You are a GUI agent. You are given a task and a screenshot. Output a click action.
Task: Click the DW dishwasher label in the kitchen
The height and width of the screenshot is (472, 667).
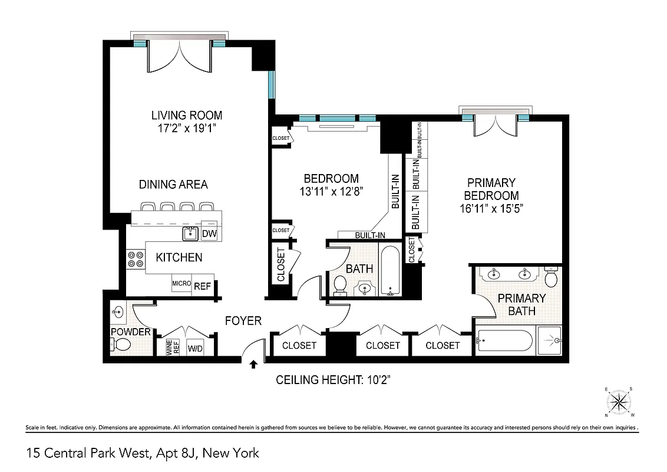(x=210, y=234)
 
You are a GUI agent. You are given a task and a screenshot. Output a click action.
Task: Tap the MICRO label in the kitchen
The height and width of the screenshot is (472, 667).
(x=181, y=284)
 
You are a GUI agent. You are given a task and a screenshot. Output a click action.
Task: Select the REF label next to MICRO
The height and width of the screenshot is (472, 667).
(x=203, y=284)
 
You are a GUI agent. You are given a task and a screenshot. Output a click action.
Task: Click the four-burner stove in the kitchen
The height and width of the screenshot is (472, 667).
(x=136, y=260)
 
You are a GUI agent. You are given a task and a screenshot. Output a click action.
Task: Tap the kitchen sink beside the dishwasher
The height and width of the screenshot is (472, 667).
(x=190, y=234)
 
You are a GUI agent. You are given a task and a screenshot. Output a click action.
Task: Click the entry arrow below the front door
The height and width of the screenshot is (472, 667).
(x=253, y=365)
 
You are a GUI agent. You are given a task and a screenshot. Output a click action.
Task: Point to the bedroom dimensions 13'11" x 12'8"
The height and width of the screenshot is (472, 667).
(x=331, y=191)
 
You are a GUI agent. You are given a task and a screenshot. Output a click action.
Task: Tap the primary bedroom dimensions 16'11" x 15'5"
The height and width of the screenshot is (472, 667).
(x=491, y=208)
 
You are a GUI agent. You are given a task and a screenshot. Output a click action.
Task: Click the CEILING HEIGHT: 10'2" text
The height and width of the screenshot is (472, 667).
(x=334, y=380)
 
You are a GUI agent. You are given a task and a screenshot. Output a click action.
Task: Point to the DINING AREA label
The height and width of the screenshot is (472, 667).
(x=173, y=185)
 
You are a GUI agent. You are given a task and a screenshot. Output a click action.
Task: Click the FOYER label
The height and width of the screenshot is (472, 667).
(x=243, y=321)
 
